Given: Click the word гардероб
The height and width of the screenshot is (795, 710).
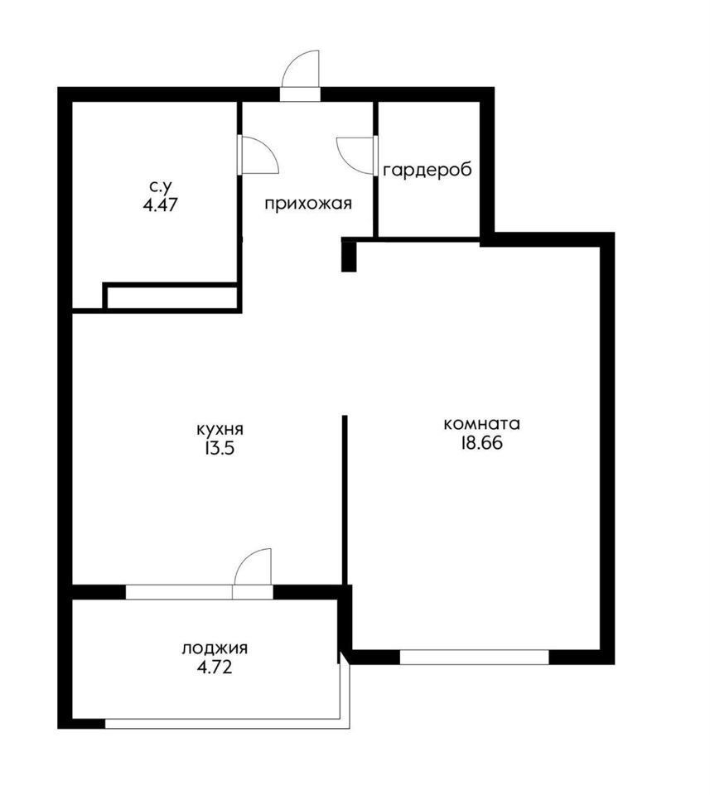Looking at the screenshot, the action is [x=427, y=171].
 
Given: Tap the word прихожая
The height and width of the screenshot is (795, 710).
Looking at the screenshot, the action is [x=308, y=205].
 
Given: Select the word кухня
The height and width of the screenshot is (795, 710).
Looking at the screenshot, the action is [x=220, y=430].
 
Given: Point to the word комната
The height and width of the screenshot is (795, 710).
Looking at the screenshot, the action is [x=482, y=423].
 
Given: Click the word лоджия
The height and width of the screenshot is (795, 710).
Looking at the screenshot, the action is [x=215, y=648].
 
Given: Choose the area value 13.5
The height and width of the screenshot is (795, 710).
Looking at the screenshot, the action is [x=220, y=449].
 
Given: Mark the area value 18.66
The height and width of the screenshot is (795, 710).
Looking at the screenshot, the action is [x=481, y=443].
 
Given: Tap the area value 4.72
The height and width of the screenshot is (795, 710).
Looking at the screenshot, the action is [x=215, y=667].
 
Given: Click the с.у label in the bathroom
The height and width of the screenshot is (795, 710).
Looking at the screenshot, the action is [x=160, y=186].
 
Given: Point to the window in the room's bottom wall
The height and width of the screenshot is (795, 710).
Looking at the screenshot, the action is [x=474, y=657].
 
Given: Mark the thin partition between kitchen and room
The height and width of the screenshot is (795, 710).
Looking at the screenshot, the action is [x=345, y=499].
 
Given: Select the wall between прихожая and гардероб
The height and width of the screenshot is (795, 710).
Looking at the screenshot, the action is [x=376, y=169].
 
